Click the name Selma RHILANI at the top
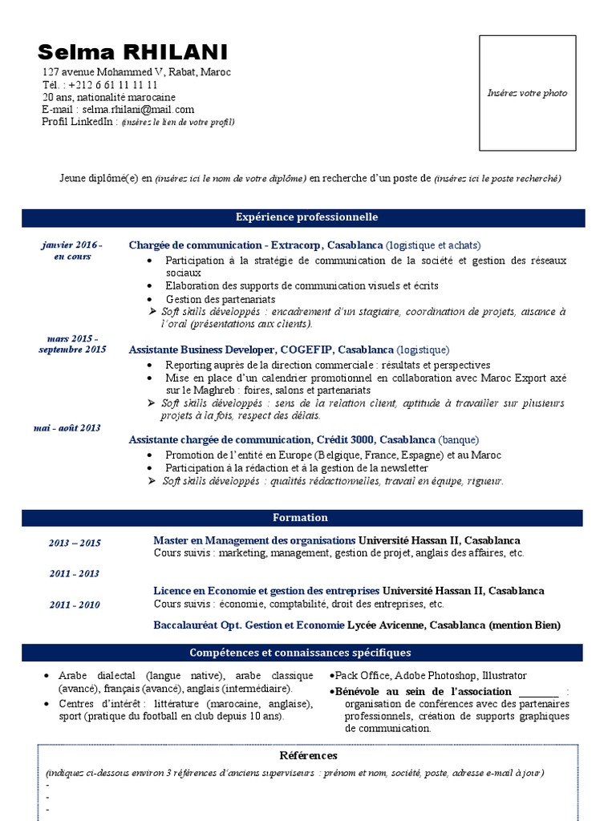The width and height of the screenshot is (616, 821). point(132,53)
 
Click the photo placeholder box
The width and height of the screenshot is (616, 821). point(527,93)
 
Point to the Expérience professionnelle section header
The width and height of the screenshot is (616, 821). point(306,217)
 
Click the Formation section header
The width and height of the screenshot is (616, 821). point(300,518)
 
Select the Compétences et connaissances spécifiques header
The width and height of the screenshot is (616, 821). point(300,653)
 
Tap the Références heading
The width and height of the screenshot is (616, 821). point(308,755)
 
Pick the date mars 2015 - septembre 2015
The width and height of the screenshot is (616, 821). point(72,344)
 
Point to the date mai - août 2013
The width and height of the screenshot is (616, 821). point(67,427)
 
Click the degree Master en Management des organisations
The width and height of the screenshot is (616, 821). point(254,540)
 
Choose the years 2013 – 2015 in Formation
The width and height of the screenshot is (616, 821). point(75,543)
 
